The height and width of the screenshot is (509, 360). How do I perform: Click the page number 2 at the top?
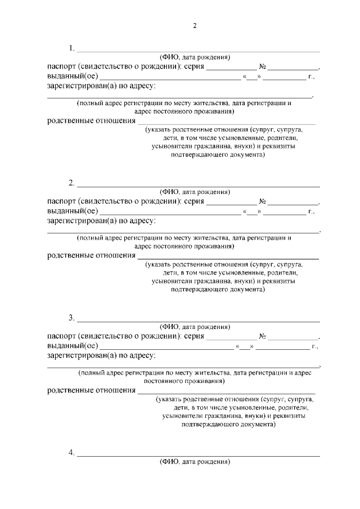coord(195,26)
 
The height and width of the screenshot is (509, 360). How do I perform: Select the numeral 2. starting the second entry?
coord(71,182)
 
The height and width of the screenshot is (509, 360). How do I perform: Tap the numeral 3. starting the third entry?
coord(71,318)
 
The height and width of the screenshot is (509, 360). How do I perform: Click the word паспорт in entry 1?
coord(61,66)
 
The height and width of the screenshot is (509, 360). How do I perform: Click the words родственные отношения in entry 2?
coord(91,256)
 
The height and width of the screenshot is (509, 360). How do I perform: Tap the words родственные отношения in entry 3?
coord(91,390)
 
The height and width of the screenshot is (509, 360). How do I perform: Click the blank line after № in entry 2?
coord(292,204)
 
